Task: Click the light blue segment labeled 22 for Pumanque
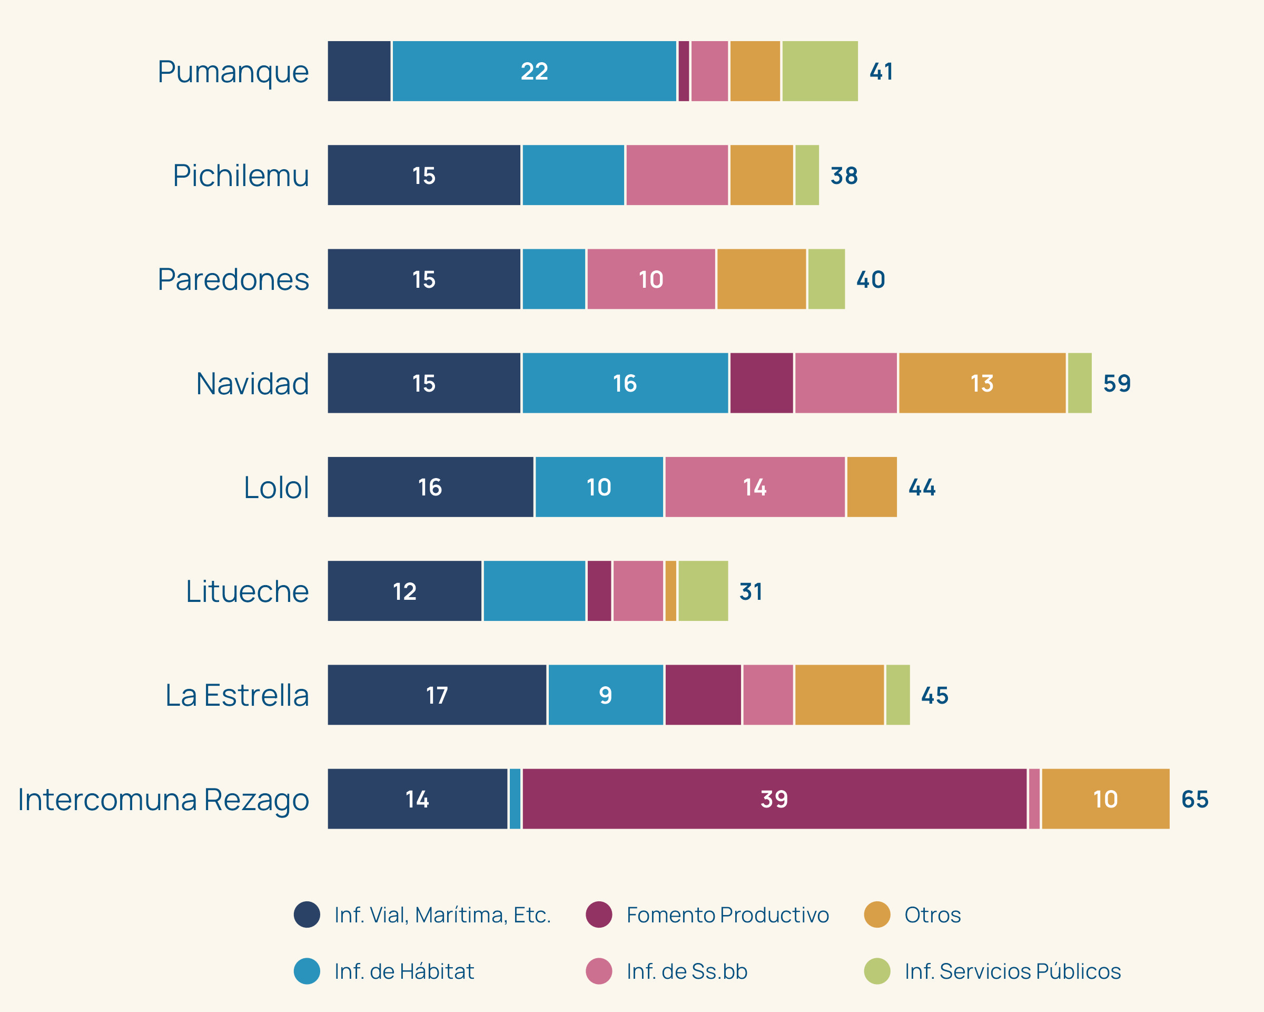[x=534, y=71]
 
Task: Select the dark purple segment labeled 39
[x=774, y=799]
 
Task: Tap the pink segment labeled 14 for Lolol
[x=755, y=487]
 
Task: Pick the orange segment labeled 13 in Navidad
[x=982, y=383]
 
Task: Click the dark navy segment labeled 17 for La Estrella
[x=437, y=695]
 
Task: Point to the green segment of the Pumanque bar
[x=819, y=71]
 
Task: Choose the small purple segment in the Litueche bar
[x=599, y=591]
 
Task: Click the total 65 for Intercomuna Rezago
[x=1194, y=799]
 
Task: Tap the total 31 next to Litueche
[x=750, y=591]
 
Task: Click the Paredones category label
[x=233, y=279]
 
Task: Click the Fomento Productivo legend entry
[x=727, y=914]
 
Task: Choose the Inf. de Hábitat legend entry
[x=403, y=971]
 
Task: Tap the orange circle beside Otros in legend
[x=877, y=914]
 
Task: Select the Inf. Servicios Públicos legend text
[x=1012, y=971]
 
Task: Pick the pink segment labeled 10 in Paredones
[x=651, y=279]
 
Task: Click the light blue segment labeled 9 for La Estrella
[x=606, y=695]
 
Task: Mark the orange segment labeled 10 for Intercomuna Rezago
[x=1105, y=799]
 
